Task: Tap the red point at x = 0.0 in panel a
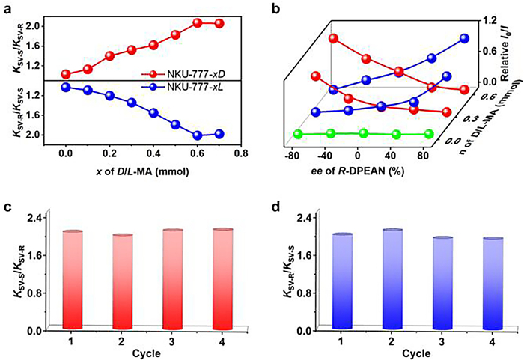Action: click(x=66, y=74)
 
